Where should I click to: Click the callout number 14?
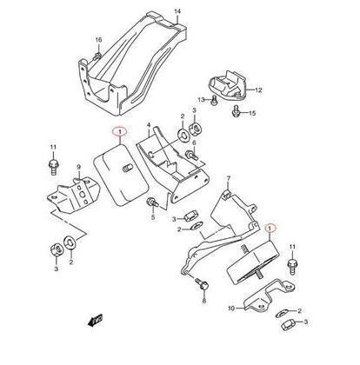pyautogui.click(x=177, y=11)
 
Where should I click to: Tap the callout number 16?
pyautogui.click(x=99, y=40)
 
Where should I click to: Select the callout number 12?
pyautogui.click(x=258, y=90)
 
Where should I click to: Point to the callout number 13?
pyautogui.click(x=202, y=100)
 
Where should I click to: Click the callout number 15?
pyautogui.click(x=252, y=113)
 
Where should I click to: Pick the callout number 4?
pyautogui.click(x=149, y=125)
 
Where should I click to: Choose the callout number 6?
pyautogui.click(x=194, y=143)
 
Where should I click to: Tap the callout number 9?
pyautogui.click(x=78, y=167)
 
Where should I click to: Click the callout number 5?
pyautogui.click(x=153, y=217)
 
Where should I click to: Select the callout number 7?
pyautogui.click(x=228, y=178)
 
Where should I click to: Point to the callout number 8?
pyautogui.click(x=204, y=302)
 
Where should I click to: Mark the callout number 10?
pyautogui.click(x=231, y=309)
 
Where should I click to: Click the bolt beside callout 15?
pyautogui.click(x=237, y=111)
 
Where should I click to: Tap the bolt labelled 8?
pyautogui.click(x=202, y=284)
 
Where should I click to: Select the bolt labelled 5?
pyautogui.click(x=152, y=202)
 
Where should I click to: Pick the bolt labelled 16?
pyautogui.click(x=97, y=56)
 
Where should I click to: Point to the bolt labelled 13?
pyautogui.click(x=214, y=101)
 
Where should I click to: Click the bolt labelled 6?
pyautogui.click(x=192, y=155)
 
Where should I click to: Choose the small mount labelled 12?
pyautogui.click(x=228, y=86)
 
